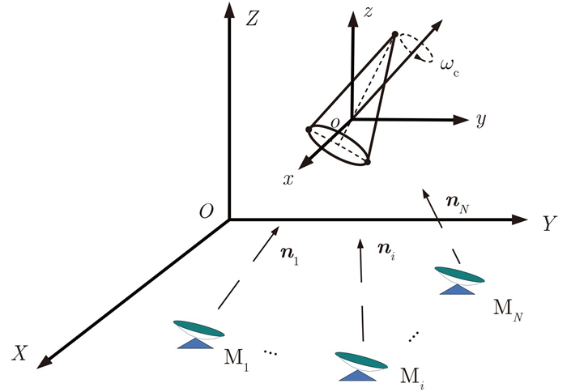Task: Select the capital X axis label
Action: pos(22,352)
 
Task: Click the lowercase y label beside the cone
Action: pos(481,121)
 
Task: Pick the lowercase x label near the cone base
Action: pos(288,180)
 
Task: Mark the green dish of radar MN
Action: pos(459,274)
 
